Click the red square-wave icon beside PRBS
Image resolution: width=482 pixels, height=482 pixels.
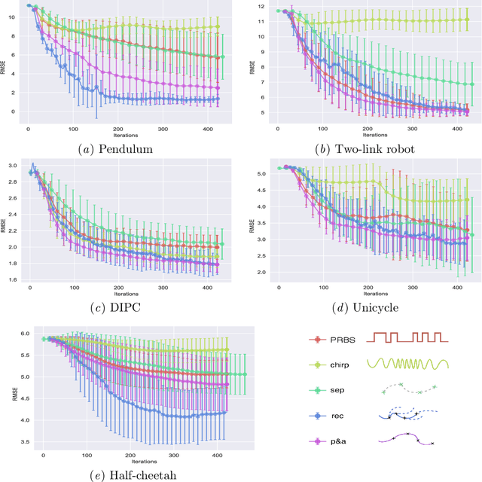[407, 336]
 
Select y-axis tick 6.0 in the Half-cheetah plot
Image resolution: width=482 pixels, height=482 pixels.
[24, 334]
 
